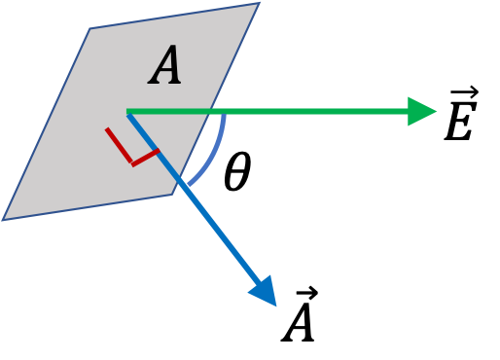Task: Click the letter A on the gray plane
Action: tap(166, 68)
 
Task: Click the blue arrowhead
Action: tap(264, 290)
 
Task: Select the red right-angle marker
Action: tap(130, 150)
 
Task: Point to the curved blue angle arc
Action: tap(215, 153)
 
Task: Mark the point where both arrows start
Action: tap(127, 112)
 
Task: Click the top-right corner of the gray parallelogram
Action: tap(260, 3)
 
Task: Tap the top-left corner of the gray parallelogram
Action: tap(90, 29)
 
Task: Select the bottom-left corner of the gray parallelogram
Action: tap(3, 220)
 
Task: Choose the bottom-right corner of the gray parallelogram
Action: tap(173, 195)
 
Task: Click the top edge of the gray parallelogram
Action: tap(175, 16)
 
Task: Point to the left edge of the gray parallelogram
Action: tap(47, 125)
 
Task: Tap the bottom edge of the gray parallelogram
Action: tap(88, 207)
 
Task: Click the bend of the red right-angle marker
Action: tap(133, 163)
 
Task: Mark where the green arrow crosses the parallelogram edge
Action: tap(211, 111)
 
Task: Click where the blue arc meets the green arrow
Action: tap(225, 114)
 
